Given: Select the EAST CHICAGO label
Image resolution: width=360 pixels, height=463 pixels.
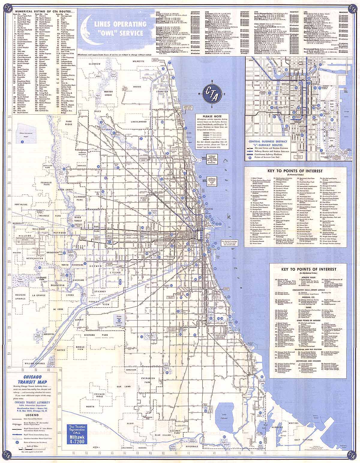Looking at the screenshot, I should [x=301, y=440].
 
